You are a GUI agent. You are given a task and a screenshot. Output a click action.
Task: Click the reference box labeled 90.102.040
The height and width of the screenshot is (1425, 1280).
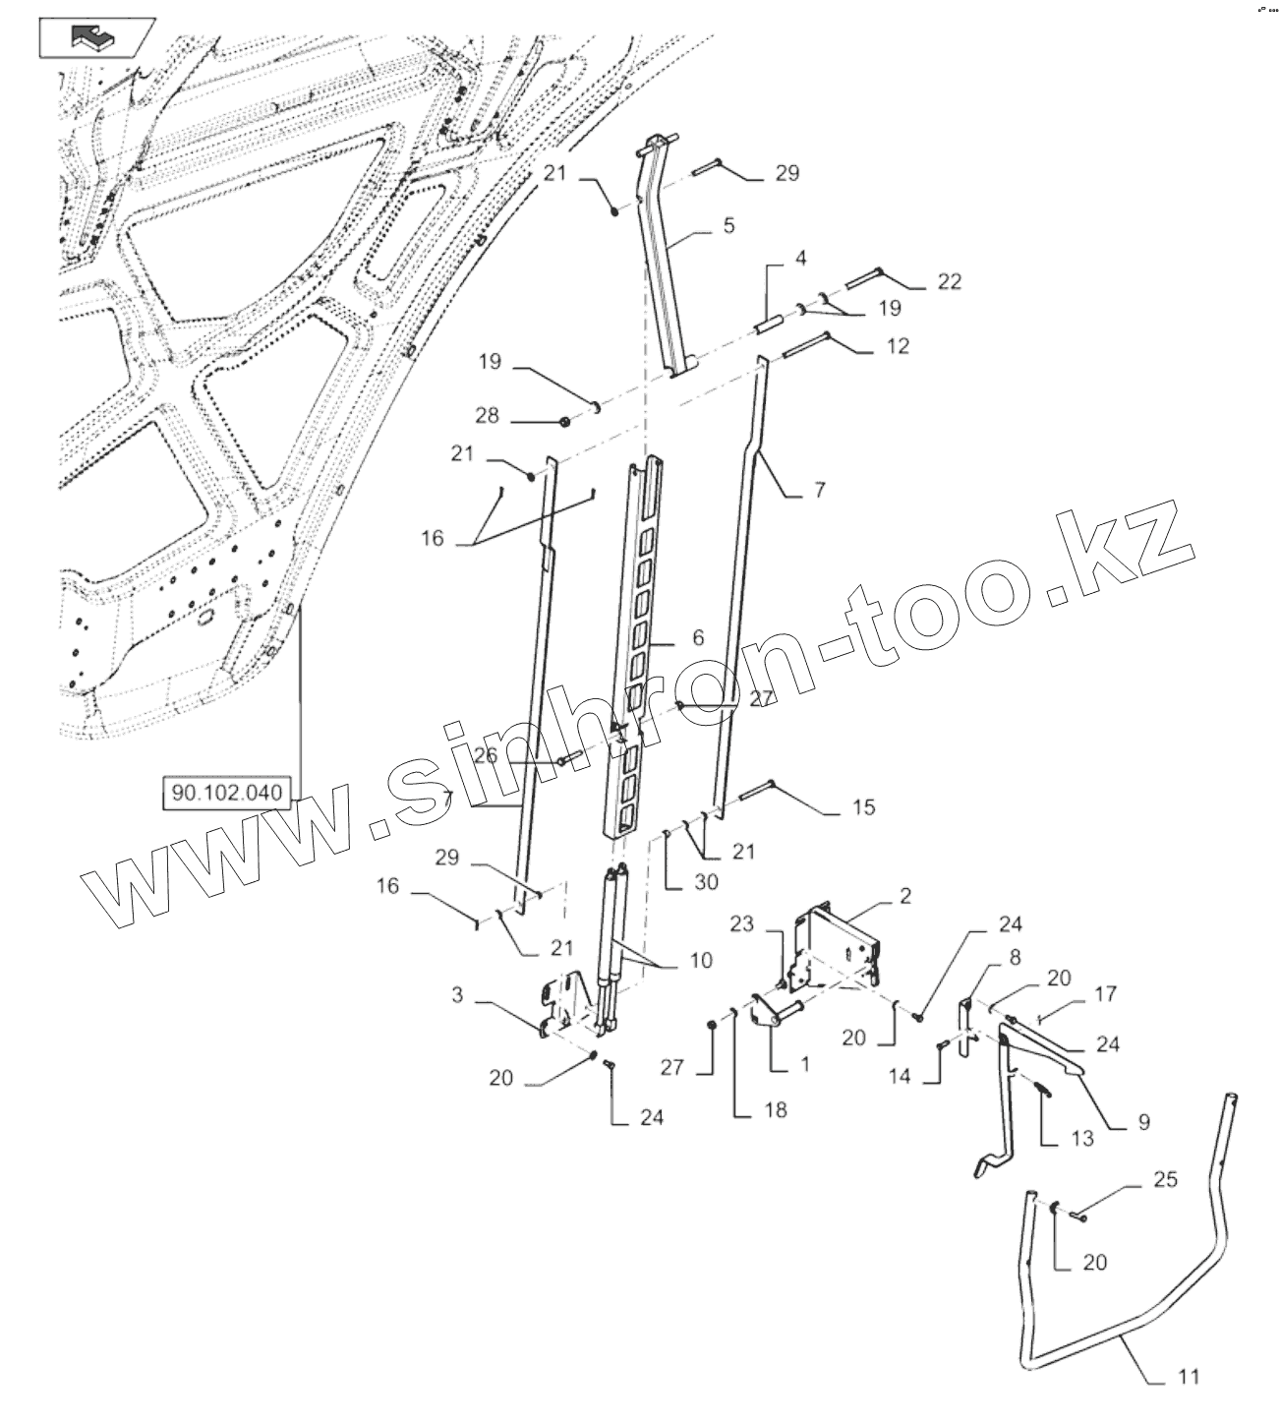(226, 792)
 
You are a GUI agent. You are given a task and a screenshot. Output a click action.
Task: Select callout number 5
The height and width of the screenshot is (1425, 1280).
(728, 226)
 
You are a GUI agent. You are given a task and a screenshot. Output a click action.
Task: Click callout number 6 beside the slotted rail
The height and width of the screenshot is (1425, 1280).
(698, 638)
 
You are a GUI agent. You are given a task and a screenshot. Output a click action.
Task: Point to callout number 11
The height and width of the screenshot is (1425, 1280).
(1188, 1377)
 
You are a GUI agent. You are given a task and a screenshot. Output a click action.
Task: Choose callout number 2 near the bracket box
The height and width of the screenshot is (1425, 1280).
(905, 895)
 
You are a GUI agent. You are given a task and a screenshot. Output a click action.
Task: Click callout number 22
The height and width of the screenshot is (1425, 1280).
(948, 281)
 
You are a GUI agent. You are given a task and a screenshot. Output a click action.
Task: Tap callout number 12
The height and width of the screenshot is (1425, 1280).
(897, 346)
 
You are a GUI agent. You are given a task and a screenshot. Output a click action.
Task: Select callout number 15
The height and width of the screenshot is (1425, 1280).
(862, 807)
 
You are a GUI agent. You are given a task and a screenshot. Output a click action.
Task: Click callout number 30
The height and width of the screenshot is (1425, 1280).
(705, 882)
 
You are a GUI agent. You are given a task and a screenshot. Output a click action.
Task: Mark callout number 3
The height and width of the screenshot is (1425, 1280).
(457, 995)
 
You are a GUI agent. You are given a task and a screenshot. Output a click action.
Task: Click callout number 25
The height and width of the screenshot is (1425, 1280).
(1165, 1179)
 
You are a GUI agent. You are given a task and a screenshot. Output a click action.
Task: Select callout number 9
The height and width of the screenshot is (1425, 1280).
(1143, 1121)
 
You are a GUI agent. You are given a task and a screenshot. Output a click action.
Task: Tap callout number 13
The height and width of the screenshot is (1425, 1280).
(1081, 1138)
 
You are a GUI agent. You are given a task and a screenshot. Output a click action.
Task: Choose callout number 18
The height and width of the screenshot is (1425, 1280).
(775, 1109)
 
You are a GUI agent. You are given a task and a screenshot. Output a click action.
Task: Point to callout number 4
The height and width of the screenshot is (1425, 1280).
(800, 259)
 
